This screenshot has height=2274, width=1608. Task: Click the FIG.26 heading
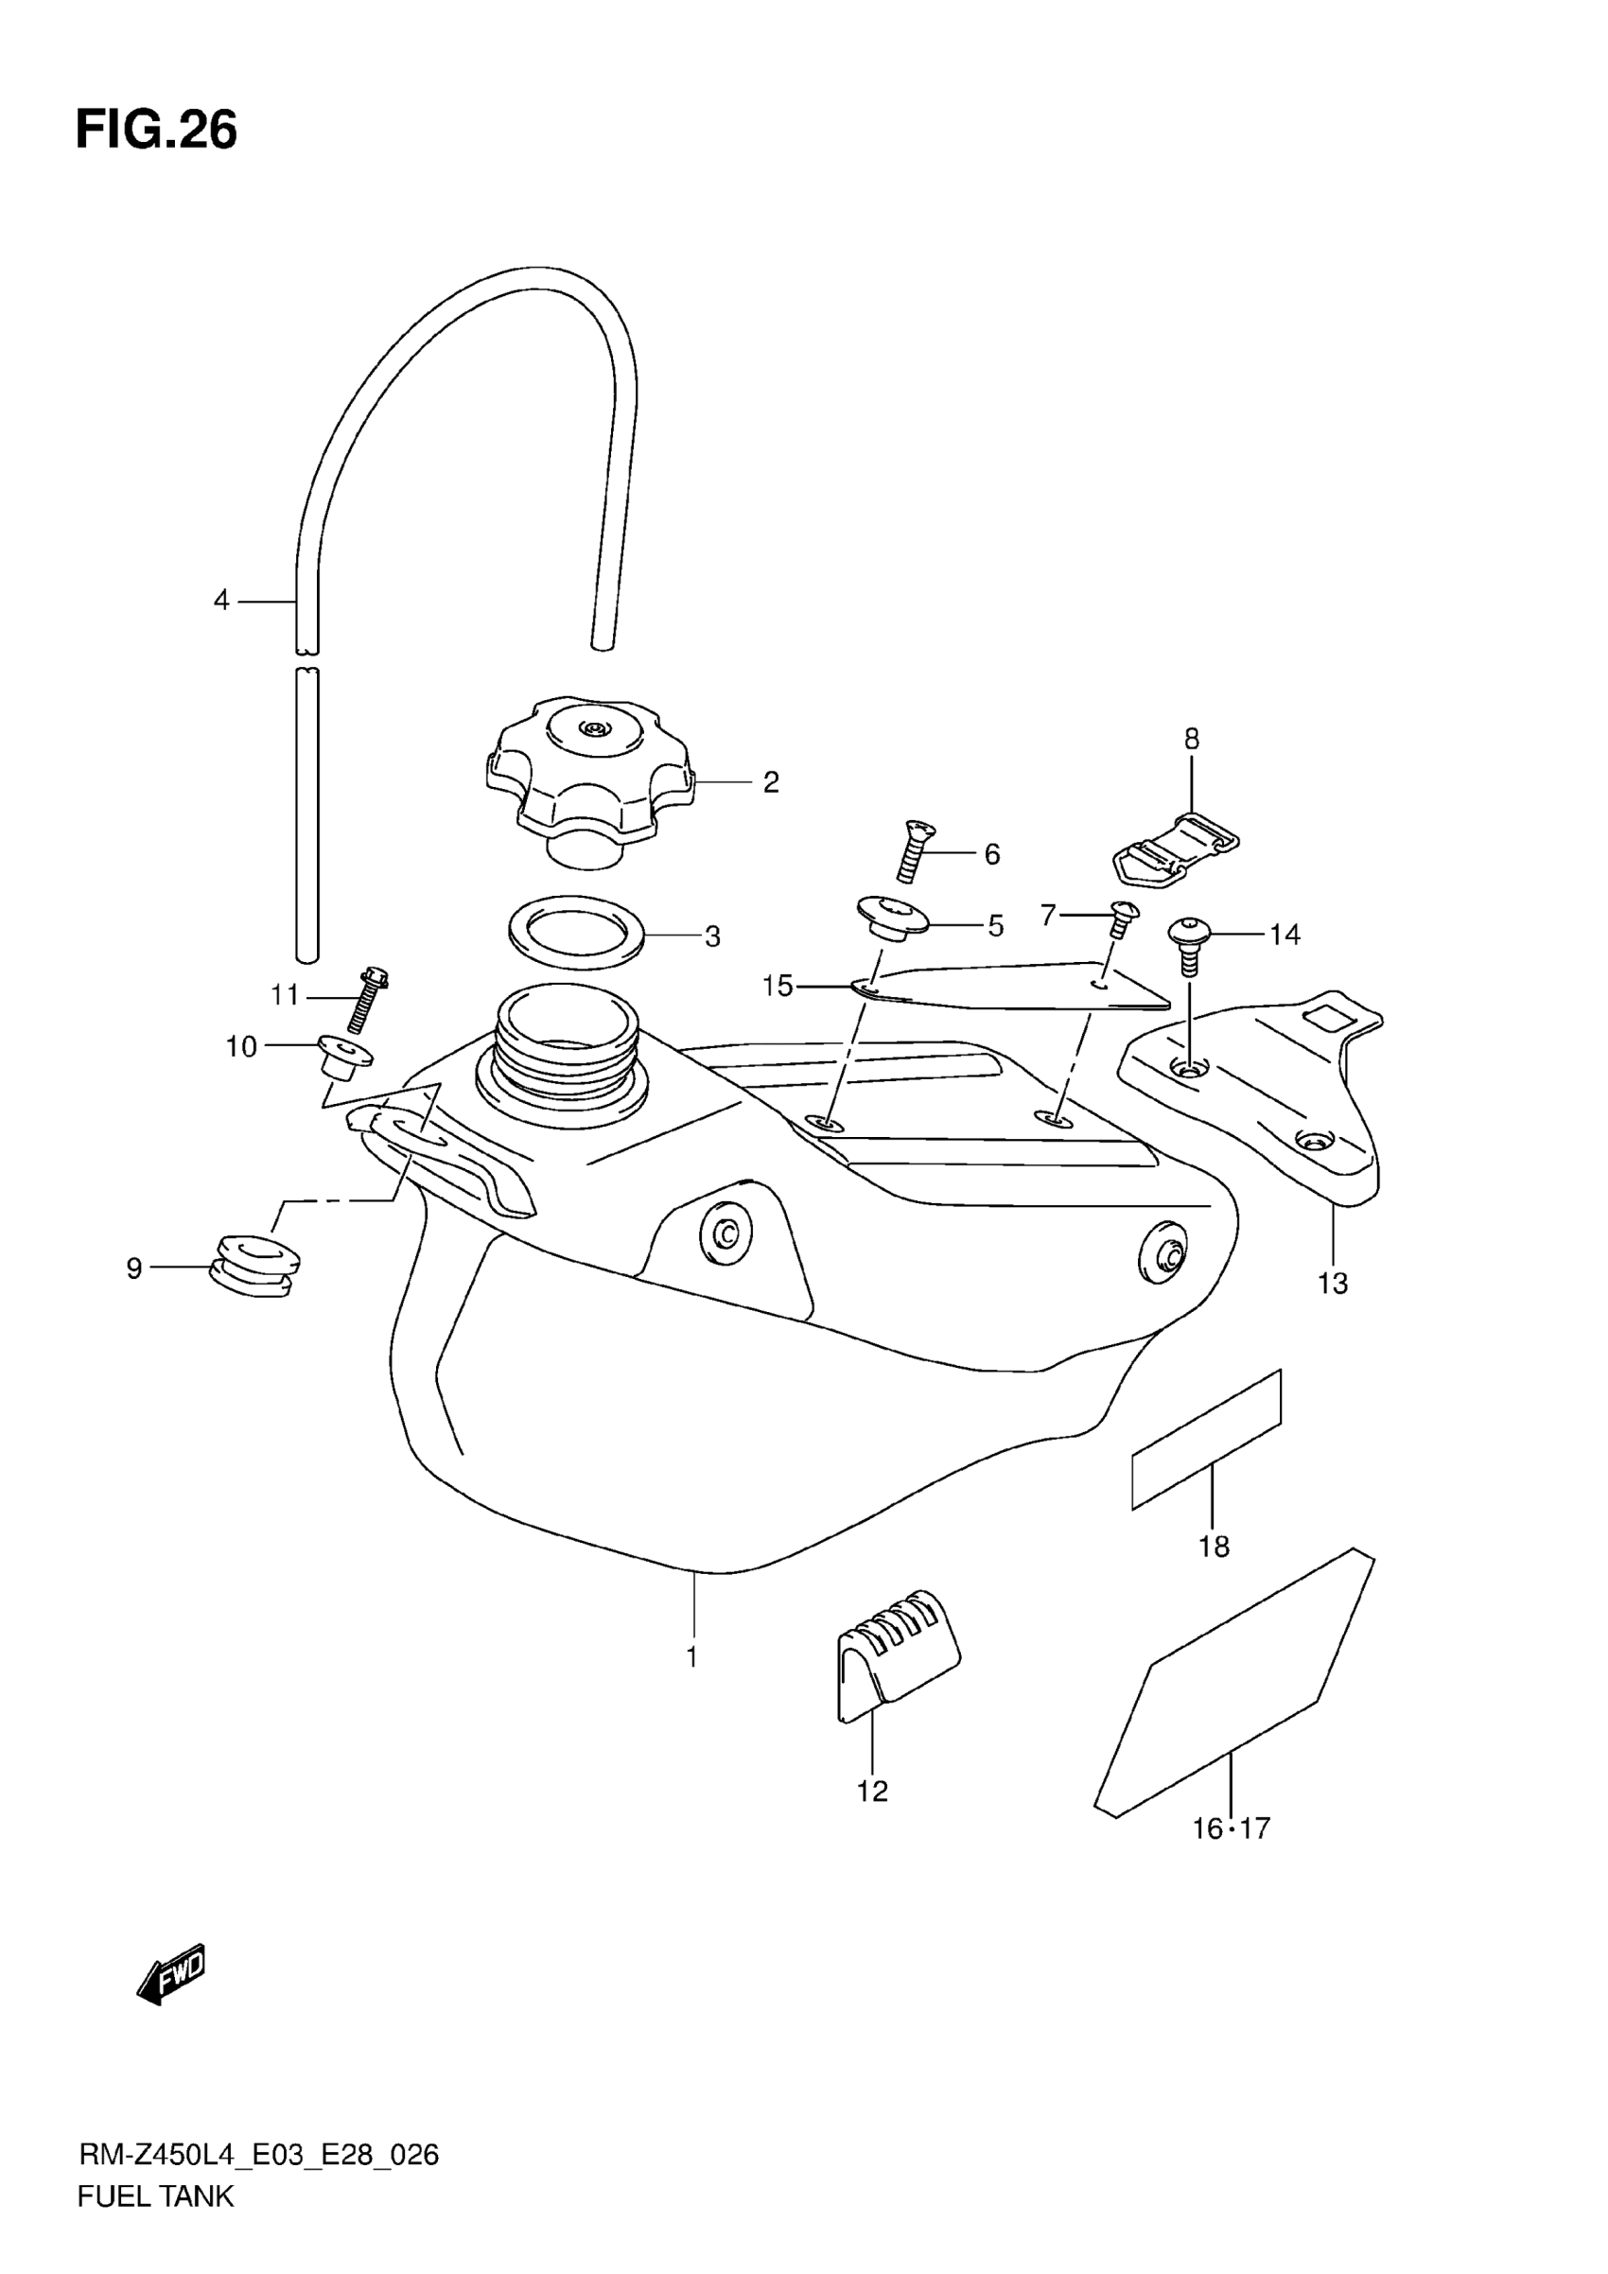tap(156, 130)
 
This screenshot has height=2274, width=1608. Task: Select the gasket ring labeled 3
tap(576, 932)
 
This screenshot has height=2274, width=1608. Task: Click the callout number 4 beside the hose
tap(221, 601)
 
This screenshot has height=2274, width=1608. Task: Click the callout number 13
tap(1333, 1285)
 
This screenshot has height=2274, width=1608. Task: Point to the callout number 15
tap(778, 986)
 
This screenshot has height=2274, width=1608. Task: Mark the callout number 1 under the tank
tap(692, 1656)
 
